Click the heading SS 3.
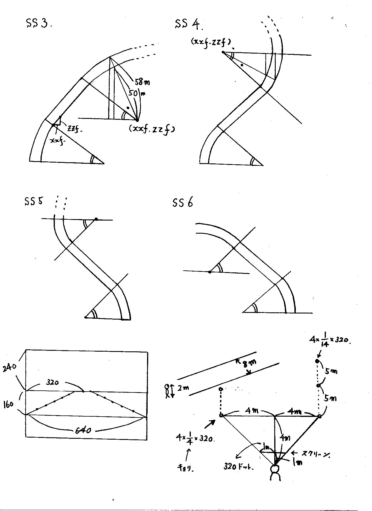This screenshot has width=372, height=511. pyautogui.click(x=39, y=24)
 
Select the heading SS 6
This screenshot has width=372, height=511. pyautogui.click(x=183, y=202)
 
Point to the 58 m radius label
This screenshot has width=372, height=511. pyautogui.click(x=142, y=82)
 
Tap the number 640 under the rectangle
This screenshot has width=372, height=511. pyautogui.click(x=83, y=430)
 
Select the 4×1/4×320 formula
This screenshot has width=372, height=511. pyautogui.click(x=195, y=438)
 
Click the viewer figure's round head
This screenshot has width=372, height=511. pyautogui.click(x=275, y=469)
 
